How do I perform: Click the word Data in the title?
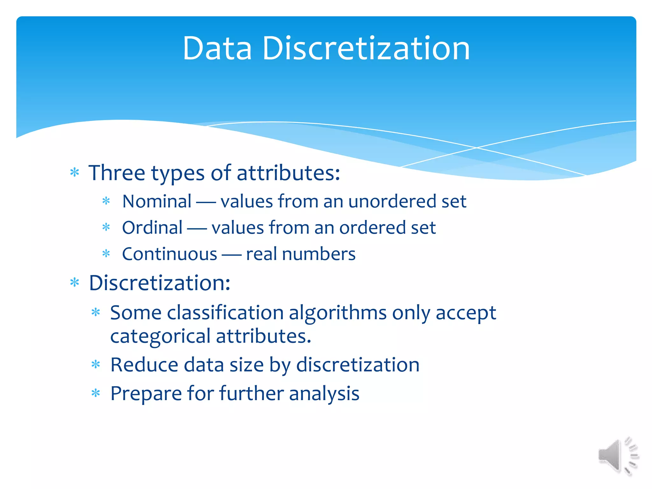(217, 48)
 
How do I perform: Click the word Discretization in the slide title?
(366, 48)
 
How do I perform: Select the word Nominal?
(157, 202)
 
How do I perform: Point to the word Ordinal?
(152, 228)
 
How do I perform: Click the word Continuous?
(169, 254)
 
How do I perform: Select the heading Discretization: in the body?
(159, 283)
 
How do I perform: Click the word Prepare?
(146, 393)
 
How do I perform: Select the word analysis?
(324, 393)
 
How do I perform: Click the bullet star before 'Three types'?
(74, 173)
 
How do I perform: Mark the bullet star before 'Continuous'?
(106, 254)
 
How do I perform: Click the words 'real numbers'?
(301, 254)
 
